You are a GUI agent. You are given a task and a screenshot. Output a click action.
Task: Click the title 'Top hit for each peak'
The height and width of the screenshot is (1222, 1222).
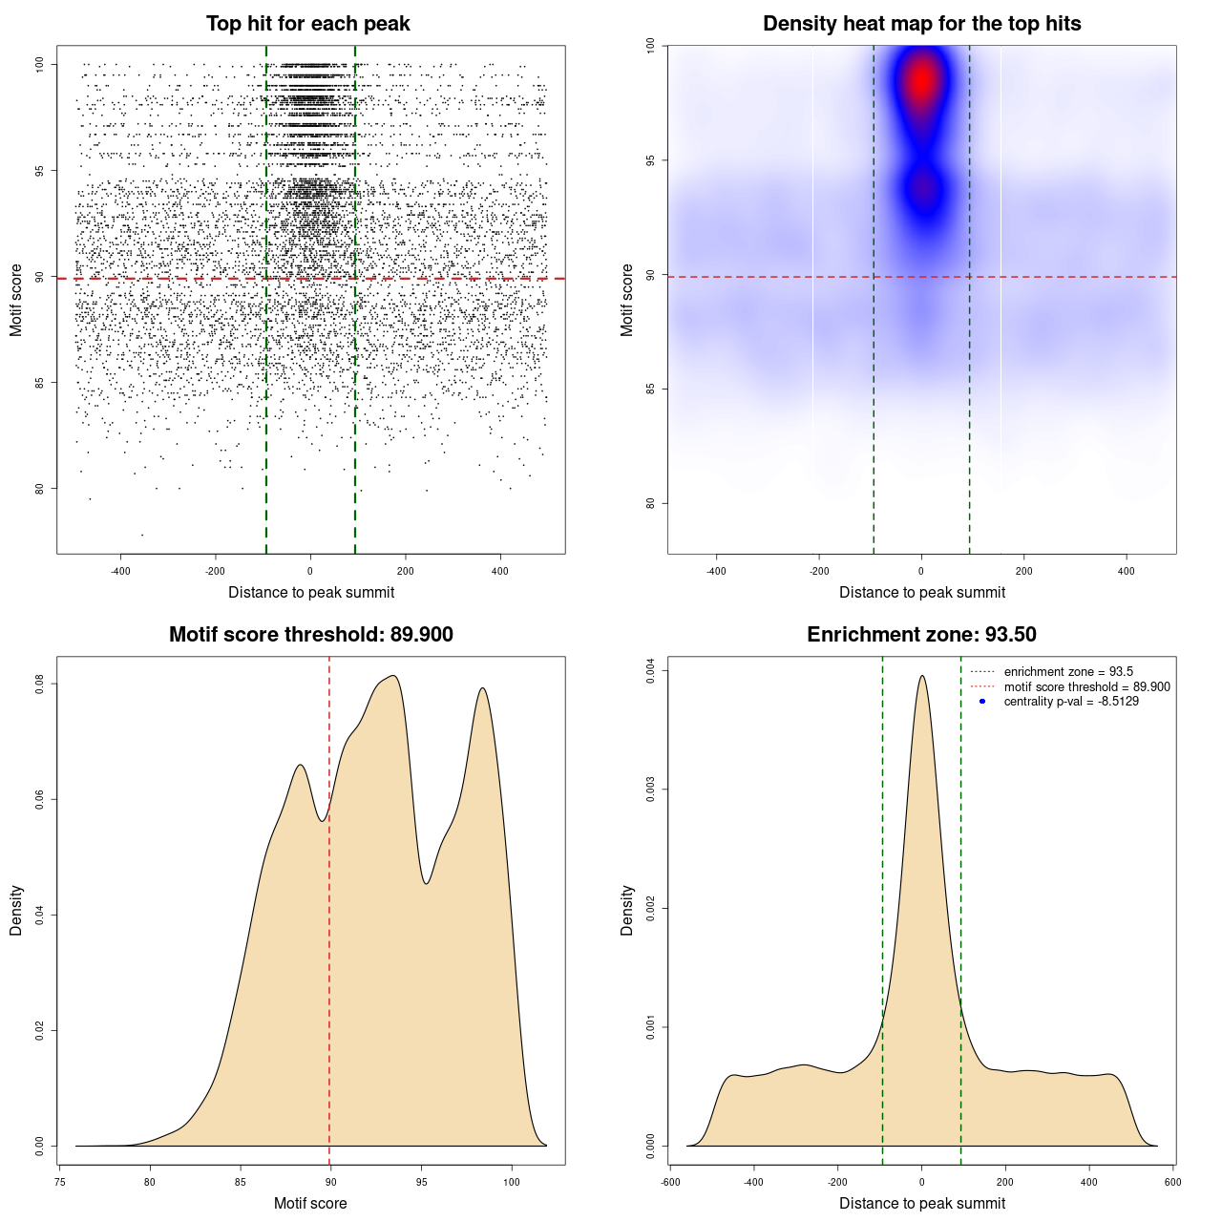point(307,24)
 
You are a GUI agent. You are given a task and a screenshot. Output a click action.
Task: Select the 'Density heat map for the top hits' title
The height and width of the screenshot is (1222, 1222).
point(921,24)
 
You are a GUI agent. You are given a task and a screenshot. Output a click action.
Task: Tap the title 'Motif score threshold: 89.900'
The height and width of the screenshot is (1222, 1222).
point(310,635)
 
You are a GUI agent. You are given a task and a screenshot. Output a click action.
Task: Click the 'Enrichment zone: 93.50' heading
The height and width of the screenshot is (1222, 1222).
point(921,635)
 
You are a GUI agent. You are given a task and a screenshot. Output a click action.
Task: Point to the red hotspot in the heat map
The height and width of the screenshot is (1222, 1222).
point(921,81)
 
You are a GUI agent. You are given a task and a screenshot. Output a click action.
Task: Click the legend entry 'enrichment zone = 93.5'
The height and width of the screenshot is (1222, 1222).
point(1068,672)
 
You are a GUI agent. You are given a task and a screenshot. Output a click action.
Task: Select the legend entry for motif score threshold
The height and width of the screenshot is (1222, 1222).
point(1086,686)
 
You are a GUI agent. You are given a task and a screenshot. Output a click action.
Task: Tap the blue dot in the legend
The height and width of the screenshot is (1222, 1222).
point(982,702)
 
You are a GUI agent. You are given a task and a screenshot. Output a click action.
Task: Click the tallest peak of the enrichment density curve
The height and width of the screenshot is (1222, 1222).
point(921,676)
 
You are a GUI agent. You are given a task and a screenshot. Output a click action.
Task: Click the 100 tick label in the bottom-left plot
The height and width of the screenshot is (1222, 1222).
point(511,1182)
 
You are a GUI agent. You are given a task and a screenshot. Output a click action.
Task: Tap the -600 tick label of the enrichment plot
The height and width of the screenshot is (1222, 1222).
point(670,1182)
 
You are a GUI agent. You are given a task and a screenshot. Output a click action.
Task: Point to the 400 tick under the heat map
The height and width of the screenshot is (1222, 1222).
point(1127,571)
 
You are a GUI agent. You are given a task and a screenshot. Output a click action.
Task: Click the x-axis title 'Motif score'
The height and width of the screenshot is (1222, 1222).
point(310,1203)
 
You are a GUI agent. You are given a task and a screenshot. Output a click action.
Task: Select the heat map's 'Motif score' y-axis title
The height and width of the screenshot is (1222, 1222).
point(627,300)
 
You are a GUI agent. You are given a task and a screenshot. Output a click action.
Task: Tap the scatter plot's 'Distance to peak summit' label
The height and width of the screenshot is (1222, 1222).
point(311,592)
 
